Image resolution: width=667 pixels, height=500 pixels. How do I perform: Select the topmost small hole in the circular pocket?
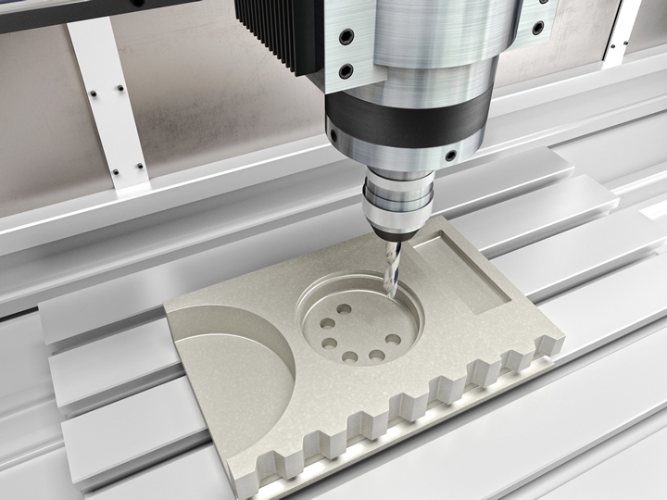click(345, 309)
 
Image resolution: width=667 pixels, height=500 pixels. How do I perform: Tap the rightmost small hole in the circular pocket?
click(394, 339)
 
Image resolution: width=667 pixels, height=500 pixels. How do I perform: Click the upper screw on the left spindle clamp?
click(346, 37)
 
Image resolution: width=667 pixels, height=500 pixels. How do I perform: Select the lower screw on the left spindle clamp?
click(345, 70)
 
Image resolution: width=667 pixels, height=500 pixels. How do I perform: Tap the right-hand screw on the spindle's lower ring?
click(450, 156)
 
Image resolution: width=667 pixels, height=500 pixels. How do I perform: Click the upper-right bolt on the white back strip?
click(120, 89)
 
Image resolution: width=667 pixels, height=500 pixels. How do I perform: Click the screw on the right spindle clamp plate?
click(538, 28)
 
